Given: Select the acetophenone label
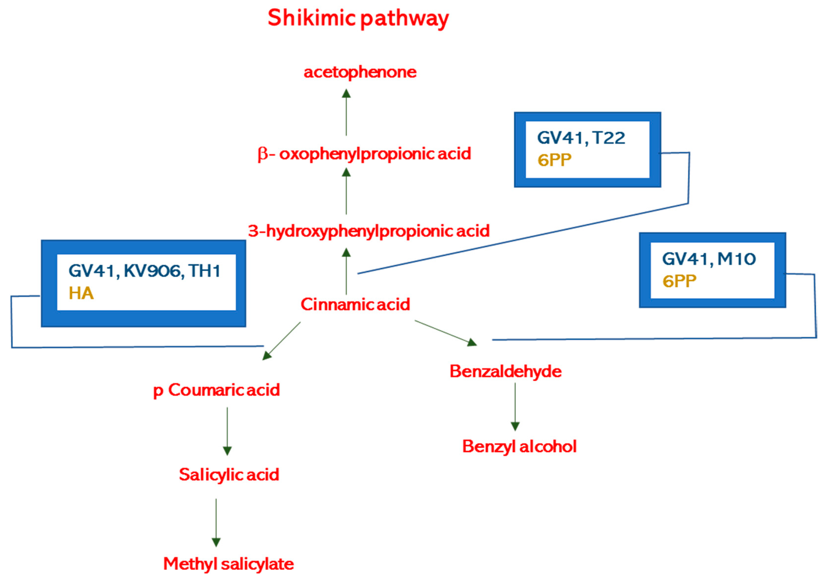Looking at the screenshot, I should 360,72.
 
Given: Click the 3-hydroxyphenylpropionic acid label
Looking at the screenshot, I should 369,231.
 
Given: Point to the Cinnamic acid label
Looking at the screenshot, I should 355,304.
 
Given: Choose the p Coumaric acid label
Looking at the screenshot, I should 217,390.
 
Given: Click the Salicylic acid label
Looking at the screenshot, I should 229,475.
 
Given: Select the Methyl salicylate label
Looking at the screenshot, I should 228,564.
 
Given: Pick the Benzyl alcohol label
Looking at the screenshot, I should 519,447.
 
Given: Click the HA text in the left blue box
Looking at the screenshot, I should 81,294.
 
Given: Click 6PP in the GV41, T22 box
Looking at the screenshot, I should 554,160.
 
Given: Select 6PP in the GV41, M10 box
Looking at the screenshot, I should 679,281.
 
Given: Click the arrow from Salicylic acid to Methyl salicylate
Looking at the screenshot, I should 216,523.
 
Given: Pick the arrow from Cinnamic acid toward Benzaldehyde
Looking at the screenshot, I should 446,333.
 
